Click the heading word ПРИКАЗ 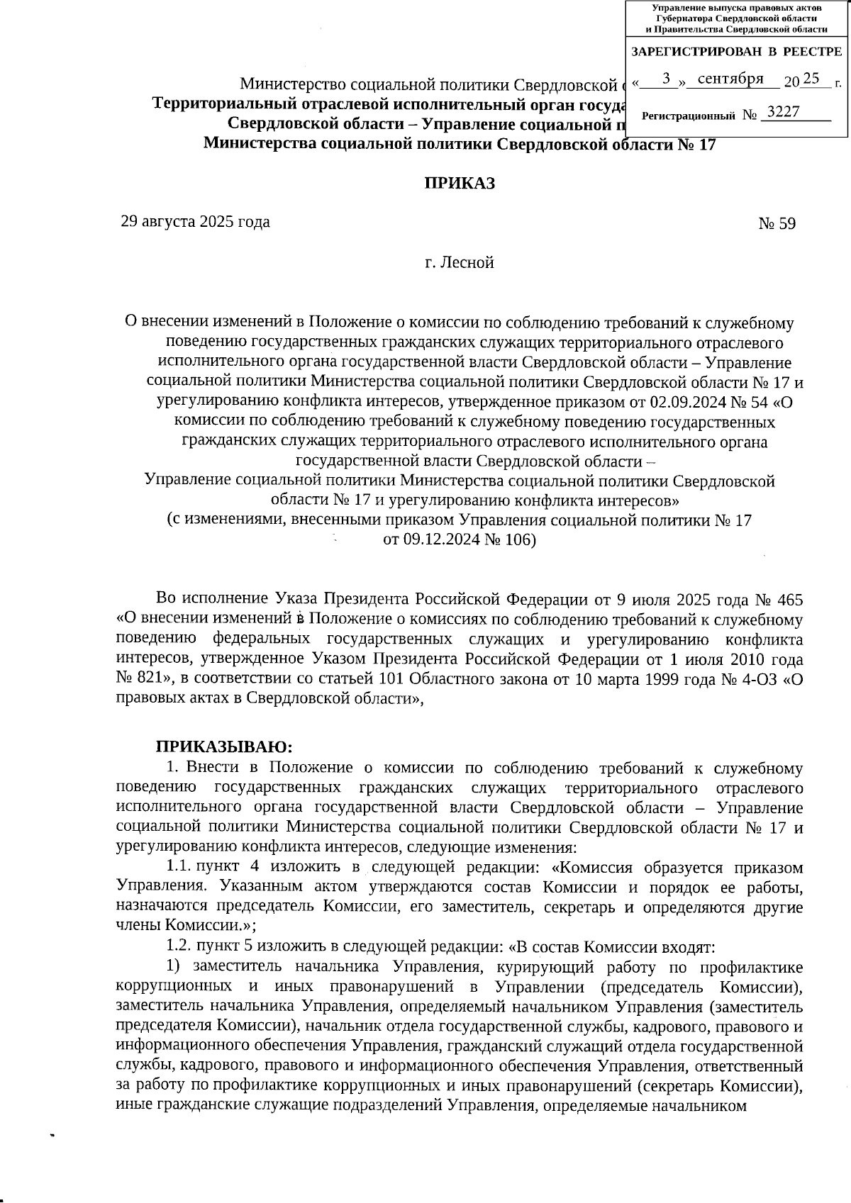pos(459,184)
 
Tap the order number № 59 pos(777,224)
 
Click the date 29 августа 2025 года pos(195,222)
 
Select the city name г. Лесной pos(459,263)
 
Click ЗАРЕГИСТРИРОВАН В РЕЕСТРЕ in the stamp pos(736,52)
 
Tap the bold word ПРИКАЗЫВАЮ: pos(223,746)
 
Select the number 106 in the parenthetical pos(520,540)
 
